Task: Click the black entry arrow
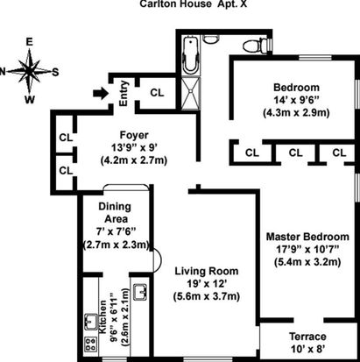pos(101,94)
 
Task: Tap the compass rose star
pos(29,71)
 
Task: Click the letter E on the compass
pos(29,42)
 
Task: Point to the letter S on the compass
pos(55,72)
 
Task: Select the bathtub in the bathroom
pos(191,55)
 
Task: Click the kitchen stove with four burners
pos(91,344)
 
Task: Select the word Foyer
pos(134,135)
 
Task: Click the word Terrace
pos(307,337)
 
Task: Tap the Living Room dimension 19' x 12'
pos(207,284)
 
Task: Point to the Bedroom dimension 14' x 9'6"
pos(296,100)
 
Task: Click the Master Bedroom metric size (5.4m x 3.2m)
pos(307,261)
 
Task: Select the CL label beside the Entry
pos(157,93)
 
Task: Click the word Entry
pos(124,94)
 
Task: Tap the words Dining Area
pos(115,212)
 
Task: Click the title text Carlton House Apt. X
pos(193,4)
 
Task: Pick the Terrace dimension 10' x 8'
pos(307,349)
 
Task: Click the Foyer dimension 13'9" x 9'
pos(134,148)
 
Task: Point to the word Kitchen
pos(102,316)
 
